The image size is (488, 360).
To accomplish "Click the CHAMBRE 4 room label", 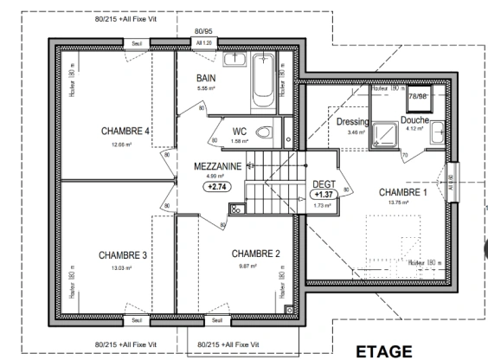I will click(125, 132).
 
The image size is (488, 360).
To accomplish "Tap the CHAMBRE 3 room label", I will click(122, 255).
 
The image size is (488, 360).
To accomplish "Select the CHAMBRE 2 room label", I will click(256, 254).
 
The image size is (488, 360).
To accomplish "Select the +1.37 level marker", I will click(323, 196).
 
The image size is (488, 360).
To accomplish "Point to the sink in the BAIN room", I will click(234, 60).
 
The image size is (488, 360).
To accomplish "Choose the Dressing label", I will click(351, 122).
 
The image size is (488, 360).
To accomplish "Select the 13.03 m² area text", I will click(122, 268).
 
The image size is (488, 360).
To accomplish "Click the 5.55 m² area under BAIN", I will click(205, 89).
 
